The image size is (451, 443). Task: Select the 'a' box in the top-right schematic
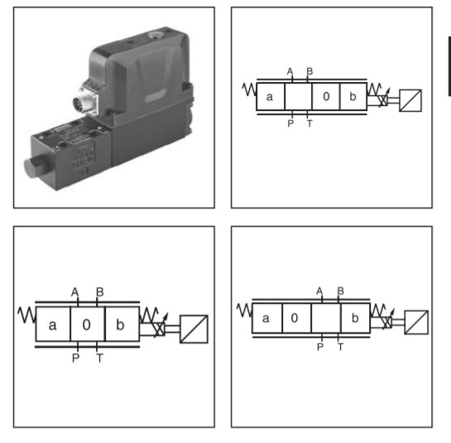[271, 96]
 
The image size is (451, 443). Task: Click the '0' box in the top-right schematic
[325, 96]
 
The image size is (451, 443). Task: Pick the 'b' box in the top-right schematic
[353, 96]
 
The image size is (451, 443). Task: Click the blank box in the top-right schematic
[298, 96]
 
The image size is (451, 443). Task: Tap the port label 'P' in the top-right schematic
[290, 123]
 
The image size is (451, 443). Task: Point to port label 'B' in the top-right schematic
[309, 71]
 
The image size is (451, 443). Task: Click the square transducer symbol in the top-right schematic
[410, 100]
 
